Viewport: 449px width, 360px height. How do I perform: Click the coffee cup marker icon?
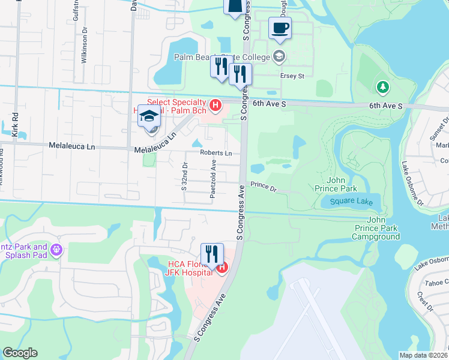(280, 28)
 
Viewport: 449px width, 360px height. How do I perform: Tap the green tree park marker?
(382, 88)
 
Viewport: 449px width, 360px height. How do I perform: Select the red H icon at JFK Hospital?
(222, 268)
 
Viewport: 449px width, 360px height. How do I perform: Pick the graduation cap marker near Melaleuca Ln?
(149, 116)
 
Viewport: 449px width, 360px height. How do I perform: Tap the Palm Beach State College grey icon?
(279, 57)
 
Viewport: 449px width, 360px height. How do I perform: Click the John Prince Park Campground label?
(376, 228)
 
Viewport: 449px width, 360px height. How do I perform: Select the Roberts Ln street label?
(216, 153)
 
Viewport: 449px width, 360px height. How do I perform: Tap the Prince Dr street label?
(264, 188)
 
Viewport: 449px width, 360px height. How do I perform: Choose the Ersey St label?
(293, 76)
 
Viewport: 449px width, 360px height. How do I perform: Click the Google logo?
(20, 353)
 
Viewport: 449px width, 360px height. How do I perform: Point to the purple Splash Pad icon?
(57, 249)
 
